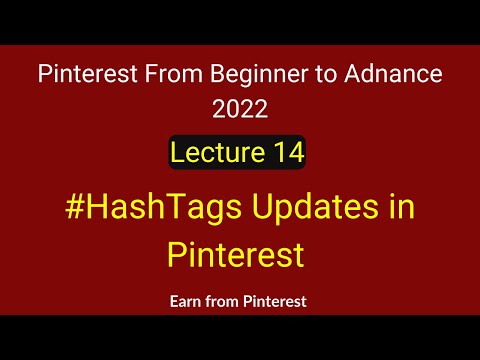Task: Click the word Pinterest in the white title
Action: tap(83, 74)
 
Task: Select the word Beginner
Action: tap(239, 75)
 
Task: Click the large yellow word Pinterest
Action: tap(236, 254)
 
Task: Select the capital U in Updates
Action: tap(256, 210)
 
